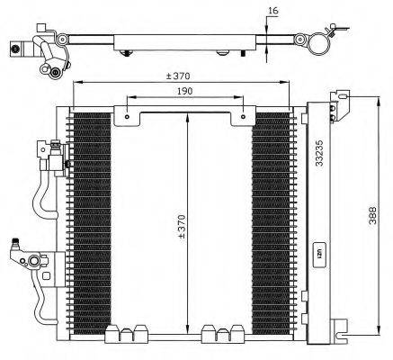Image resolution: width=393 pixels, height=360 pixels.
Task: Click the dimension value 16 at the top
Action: tap(273, 12)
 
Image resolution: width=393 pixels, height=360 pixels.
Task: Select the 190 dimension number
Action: tap(185, 92)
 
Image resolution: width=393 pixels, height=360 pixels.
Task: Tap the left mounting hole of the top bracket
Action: tap(129, 115)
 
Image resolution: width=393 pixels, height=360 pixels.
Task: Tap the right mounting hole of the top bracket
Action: tap(243, 115)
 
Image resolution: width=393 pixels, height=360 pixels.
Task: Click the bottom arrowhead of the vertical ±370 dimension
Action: tap(186, 329)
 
